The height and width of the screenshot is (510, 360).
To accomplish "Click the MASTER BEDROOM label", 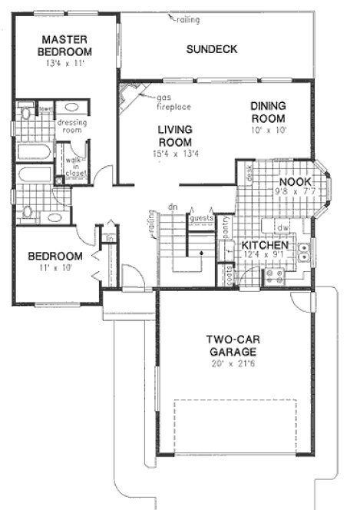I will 67,45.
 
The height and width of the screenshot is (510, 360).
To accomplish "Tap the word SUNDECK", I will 211,50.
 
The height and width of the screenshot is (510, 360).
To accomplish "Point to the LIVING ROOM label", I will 175,136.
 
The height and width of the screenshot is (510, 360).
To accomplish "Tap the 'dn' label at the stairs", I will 173,206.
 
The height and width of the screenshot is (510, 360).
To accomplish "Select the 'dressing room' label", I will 71,127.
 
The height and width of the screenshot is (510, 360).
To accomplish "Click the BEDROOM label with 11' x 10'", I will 54,257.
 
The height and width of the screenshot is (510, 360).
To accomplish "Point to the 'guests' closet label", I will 201,218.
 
